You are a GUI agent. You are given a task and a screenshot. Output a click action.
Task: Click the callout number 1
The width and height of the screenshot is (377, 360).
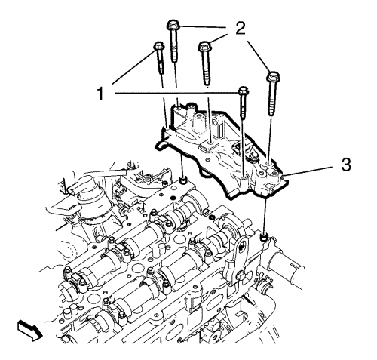pos(101,94)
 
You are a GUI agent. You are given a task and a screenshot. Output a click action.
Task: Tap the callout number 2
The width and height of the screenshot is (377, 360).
pos(241,29)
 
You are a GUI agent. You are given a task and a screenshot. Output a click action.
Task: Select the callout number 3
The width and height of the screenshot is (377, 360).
pos(346,165)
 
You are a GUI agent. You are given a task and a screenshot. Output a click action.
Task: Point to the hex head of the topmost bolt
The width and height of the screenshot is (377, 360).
pos(172,25)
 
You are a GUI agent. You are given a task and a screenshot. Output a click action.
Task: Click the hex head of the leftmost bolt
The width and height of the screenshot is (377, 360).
pos(158,46)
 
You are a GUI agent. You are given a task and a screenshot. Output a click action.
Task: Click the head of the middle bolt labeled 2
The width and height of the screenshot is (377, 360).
pos(205,46)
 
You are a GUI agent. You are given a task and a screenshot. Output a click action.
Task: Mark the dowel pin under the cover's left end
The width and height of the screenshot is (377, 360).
pos(183,180)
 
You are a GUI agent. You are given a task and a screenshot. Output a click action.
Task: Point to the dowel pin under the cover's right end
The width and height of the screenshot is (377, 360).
pos(264,237)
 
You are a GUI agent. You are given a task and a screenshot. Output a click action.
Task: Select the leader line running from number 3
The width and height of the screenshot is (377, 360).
pos(310,172)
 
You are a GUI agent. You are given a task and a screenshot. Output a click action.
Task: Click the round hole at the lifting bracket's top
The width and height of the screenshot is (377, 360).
pos(241,248)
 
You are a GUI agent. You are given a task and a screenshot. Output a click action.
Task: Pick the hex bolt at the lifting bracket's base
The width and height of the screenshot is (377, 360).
pos(239,275)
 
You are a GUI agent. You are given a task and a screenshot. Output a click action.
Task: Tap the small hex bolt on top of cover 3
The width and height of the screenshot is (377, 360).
pos(253,156)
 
